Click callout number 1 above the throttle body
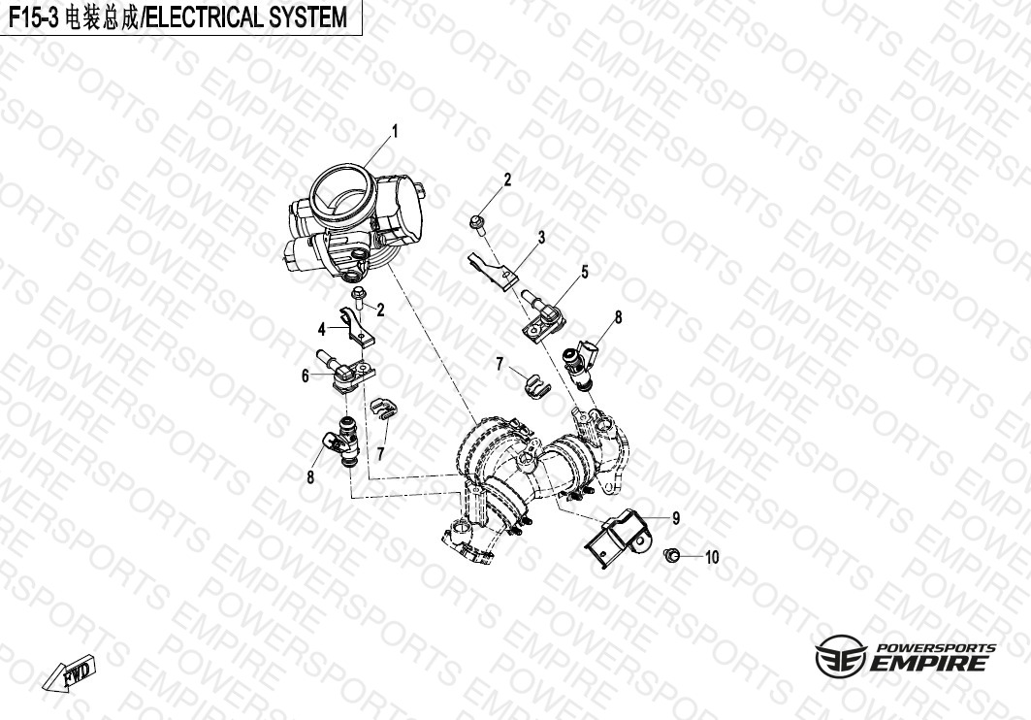395,129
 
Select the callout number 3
541,237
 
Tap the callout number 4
322,328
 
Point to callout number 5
585,273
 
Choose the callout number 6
305,376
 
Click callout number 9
675,518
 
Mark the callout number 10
712,558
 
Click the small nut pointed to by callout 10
668,554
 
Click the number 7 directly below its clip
381,453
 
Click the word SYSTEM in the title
304,16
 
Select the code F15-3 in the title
34,16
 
